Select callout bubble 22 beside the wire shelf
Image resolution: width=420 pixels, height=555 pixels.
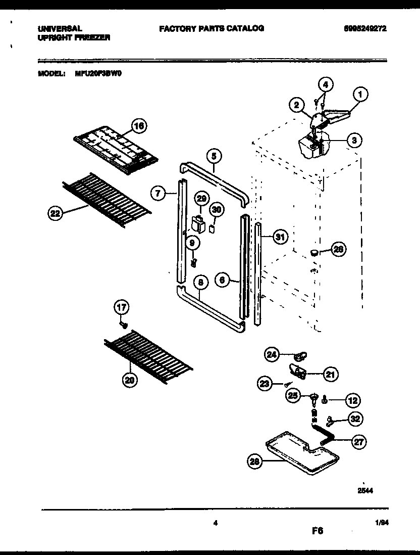[x=55, y=214]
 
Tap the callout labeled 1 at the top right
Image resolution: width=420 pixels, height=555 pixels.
[x=360, y=94]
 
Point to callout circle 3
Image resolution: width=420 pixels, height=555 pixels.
[x=355, y=141]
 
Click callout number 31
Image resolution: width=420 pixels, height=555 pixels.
[x=279, y=236]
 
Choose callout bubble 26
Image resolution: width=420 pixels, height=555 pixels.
[x=339, y=249]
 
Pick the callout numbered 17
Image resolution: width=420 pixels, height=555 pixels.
[x=122, y=307]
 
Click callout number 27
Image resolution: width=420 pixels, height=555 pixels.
[x=357, y=441]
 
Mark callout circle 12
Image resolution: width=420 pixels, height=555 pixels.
[x=352, y=401]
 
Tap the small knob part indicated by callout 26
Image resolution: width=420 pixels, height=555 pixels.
[x=314, y=252]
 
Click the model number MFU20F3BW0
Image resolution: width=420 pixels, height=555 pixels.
[x=98, y=73]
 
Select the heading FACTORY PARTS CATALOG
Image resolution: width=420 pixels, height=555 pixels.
[x=211, y=29]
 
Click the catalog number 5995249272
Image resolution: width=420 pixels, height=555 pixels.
[x=365, y=29]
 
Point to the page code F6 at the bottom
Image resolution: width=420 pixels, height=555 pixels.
[x=317, y=531]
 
